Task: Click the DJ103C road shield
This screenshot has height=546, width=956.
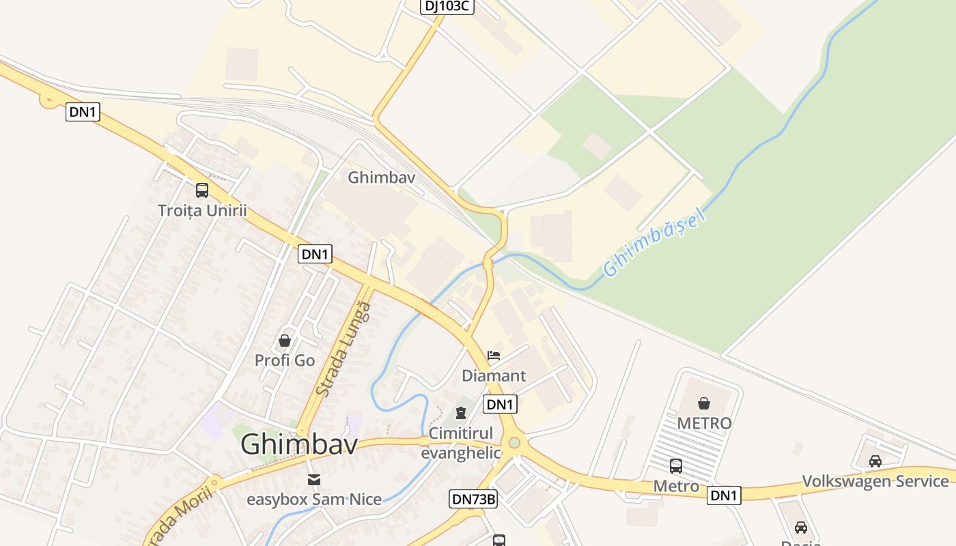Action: (447, 6)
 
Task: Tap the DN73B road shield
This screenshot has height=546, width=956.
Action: (473, 499)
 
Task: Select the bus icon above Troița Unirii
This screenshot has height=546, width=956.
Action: (202, 190)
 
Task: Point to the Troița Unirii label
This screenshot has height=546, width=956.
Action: (202, 210)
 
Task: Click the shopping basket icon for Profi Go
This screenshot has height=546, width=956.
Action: (285, 340)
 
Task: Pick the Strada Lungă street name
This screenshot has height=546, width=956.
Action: (345, 349)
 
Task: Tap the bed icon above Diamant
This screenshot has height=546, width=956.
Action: (494, 356)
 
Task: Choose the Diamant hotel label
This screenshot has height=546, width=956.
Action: (494, 375)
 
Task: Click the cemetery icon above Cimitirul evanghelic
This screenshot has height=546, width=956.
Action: (461, 413)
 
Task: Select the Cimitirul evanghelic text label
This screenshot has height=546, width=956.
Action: (460, 443)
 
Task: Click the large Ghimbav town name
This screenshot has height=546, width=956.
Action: (299, 445)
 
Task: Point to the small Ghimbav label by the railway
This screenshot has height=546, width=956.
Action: (382, 177)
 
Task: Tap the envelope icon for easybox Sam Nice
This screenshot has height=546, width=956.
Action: (314, 480)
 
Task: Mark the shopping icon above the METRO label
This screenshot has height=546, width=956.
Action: (704, 403)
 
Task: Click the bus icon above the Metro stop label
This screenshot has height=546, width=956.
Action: (676, 466)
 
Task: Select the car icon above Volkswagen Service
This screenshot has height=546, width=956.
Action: (875, 461)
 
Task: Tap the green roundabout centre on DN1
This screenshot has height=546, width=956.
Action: (514, 443)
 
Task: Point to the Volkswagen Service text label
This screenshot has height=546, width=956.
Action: (875, 481)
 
